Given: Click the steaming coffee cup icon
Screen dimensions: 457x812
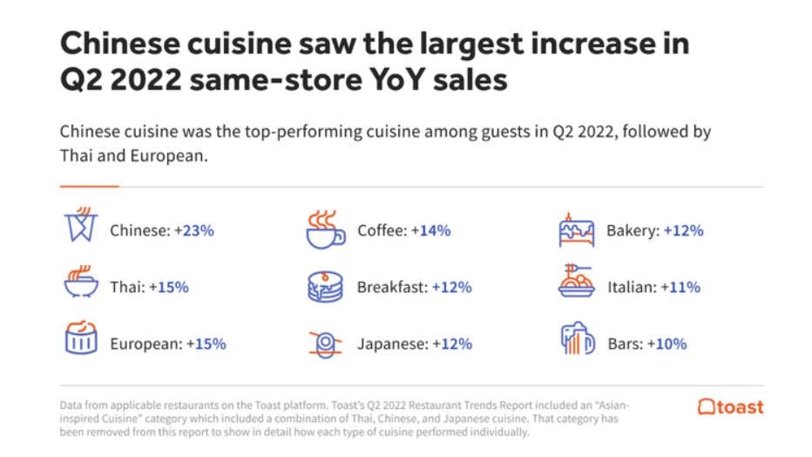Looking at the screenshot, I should pyautogui.click(x=325, y=229).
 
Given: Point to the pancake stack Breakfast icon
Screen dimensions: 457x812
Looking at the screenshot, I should pyautogui.click(x=325, y=286).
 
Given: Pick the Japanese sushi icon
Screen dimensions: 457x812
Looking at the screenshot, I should pyautogui.click(x=325, y=343).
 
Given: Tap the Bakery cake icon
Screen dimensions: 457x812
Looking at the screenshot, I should pyautogui.click(x=576, y=230).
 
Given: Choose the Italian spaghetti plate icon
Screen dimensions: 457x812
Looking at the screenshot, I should pyautogui.click(x=576, y=284).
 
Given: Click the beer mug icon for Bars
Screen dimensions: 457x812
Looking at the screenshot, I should pyautogui.click(x=576, y=341).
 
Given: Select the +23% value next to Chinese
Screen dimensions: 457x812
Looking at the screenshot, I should pyautogui.click(x=192, y=231).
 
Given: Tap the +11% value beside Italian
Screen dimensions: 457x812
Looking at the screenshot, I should pyautogui.click(x=681, y=287).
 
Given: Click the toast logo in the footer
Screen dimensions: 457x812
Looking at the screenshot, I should pyautogui.click(x=730, y=407).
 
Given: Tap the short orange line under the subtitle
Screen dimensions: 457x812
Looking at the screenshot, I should pyautogui.click(x=89, y=187).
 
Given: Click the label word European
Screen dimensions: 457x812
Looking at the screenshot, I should pyautogui.click(x=145, y=344).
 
